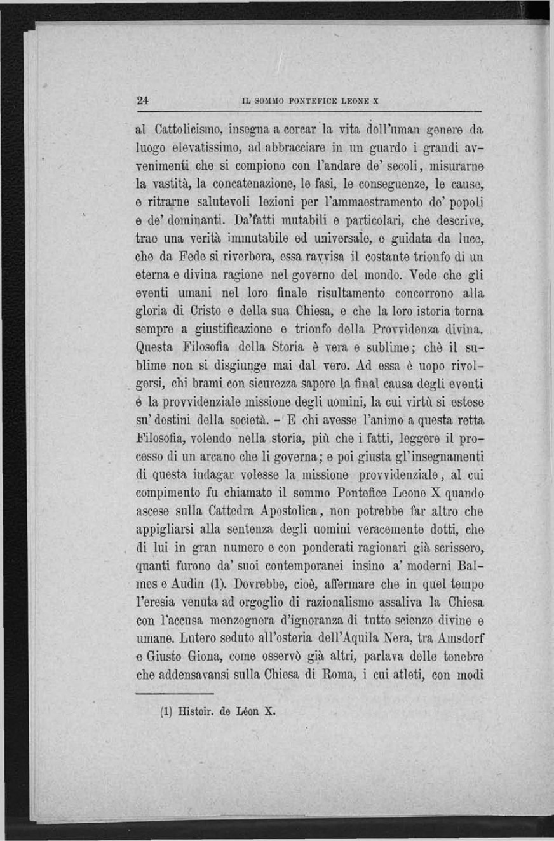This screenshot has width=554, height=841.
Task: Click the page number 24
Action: (x=142, y=100)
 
